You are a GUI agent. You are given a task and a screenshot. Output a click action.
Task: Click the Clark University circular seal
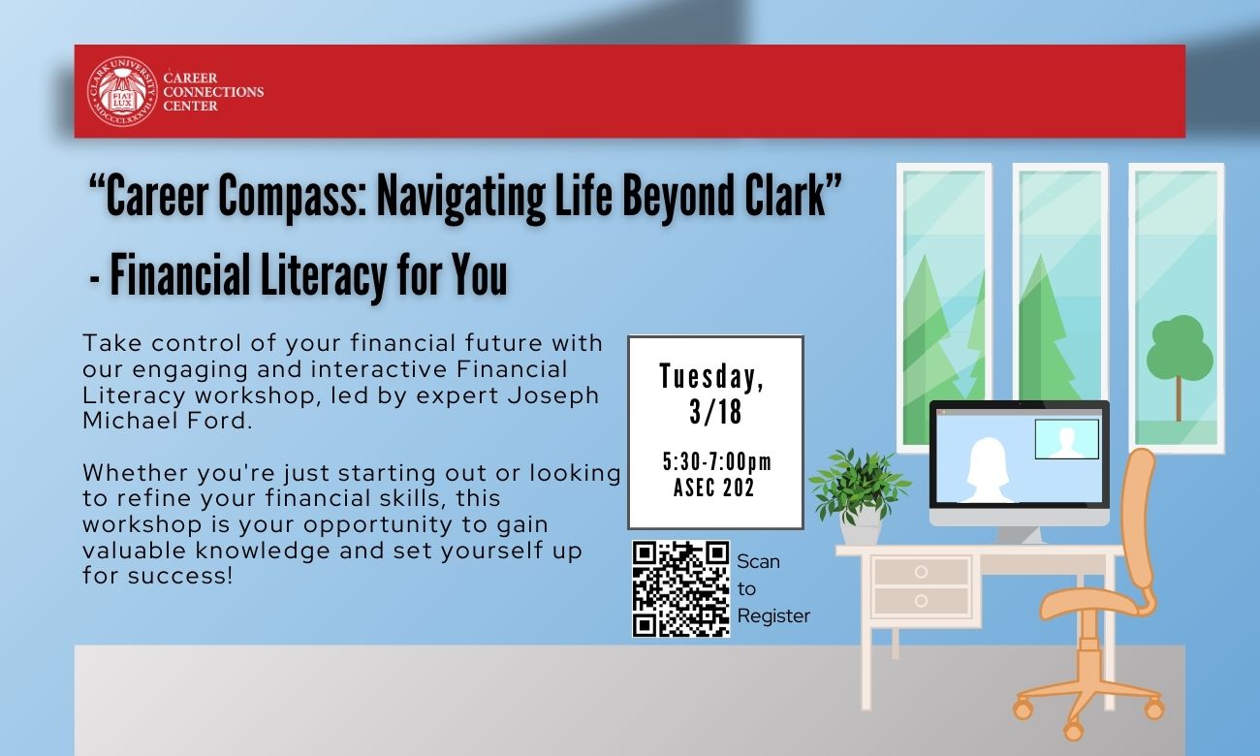coord(122,91)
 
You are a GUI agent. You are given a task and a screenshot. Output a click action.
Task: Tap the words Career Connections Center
coord(213,92)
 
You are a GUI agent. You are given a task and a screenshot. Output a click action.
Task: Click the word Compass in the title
coord(293,197)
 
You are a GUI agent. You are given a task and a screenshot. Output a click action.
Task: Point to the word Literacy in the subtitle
coord(325,275)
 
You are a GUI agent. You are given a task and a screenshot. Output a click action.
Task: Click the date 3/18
coord(715,412)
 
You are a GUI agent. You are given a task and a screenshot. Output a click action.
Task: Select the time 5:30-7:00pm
coord(716,462)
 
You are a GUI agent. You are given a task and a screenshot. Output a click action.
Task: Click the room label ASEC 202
coord(713,488)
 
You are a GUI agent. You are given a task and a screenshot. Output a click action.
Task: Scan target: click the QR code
coord(680,589)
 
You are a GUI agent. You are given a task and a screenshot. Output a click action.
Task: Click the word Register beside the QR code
coord(773,616)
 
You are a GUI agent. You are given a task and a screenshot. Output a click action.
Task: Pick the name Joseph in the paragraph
coord(552,396)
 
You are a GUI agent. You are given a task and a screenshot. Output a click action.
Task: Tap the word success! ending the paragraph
coord(180,576)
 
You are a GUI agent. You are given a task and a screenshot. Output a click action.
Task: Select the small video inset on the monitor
coord(1066,439)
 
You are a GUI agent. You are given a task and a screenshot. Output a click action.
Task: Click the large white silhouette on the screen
coord(988,470)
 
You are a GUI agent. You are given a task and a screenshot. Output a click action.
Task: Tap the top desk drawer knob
coord(921,572)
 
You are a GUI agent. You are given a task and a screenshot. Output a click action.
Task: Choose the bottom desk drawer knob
coord(921,601)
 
